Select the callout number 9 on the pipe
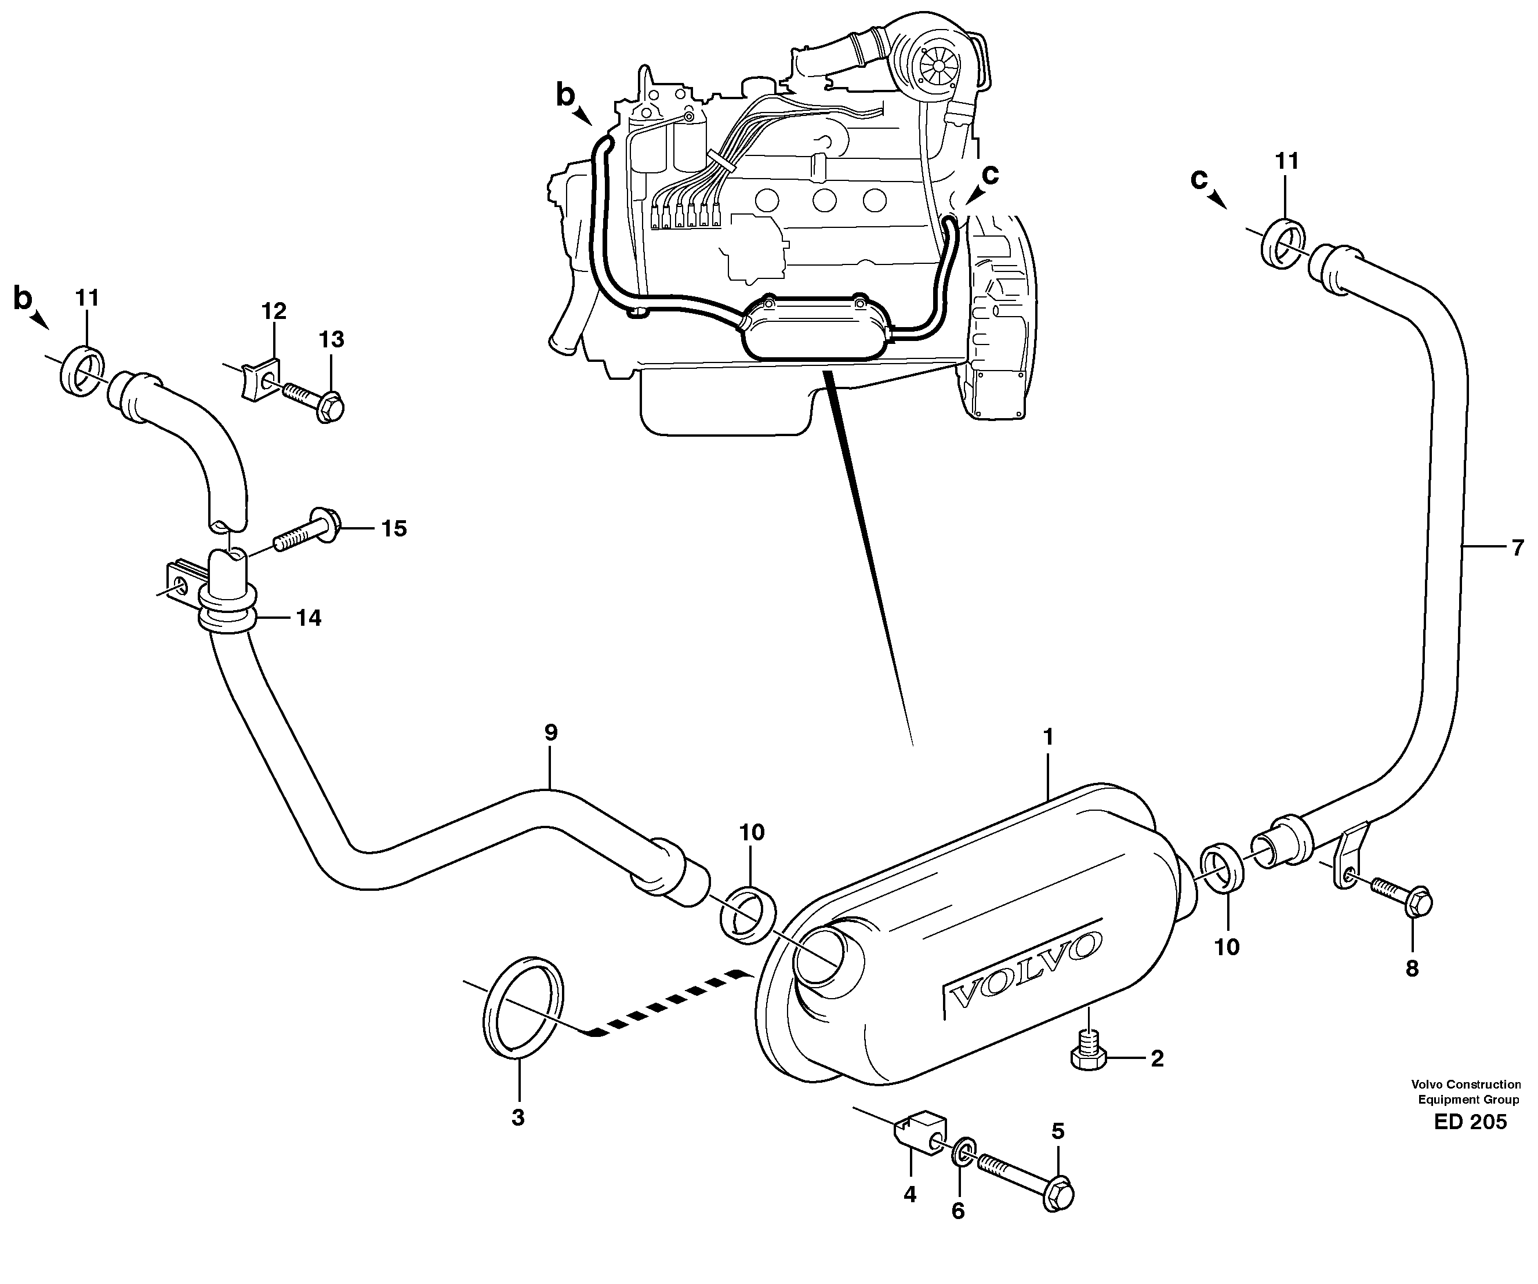click(x=551, y=732)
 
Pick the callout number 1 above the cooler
click(x=1047, y=736)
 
